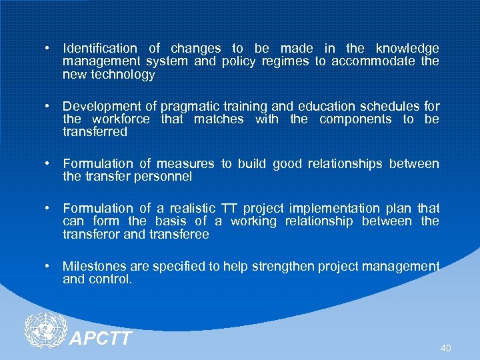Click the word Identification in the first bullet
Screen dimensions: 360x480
point(100,49)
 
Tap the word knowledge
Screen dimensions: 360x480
point(407,49)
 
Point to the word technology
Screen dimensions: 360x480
point(122,75)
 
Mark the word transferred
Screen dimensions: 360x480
point(95,132)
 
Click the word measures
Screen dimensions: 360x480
point(185,164)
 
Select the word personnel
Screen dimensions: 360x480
point(163,177)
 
